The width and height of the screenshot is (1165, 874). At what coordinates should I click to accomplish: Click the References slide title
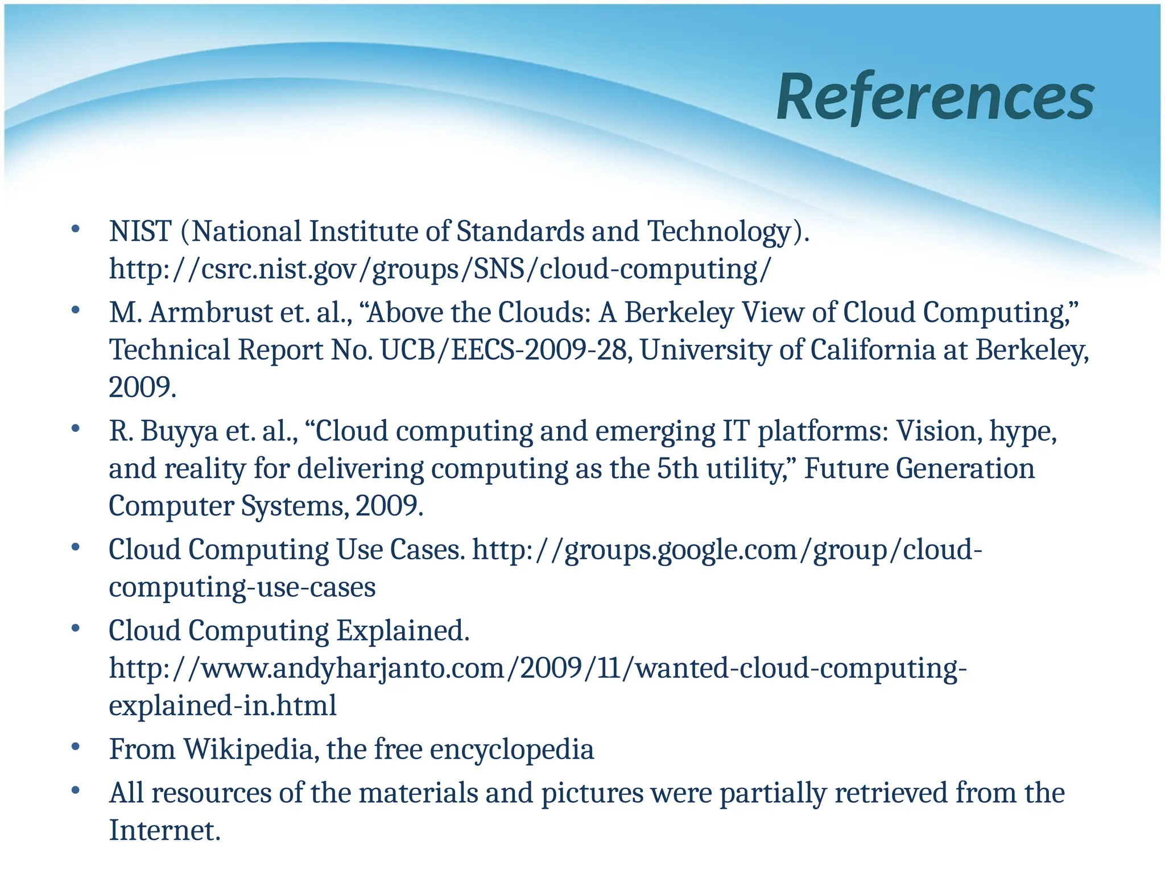935,97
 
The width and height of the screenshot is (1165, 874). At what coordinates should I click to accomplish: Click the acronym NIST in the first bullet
140,232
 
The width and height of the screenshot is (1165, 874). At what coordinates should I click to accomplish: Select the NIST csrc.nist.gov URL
440,269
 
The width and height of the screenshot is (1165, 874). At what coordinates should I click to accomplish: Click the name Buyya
180,431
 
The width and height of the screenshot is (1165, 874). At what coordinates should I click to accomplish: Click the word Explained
403,631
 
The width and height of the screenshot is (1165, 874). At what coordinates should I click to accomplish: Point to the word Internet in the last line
164,830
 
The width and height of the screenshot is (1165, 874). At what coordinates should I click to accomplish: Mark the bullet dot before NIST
75,230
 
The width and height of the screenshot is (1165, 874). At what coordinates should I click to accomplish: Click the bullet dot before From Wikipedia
75,747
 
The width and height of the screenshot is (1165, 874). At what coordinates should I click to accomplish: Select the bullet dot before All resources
75,791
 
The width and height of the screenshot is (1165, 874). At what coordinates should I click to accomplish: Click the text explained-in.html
222,706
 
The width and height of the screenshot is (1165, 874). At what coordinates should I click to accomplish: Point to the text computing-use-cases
242,587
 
